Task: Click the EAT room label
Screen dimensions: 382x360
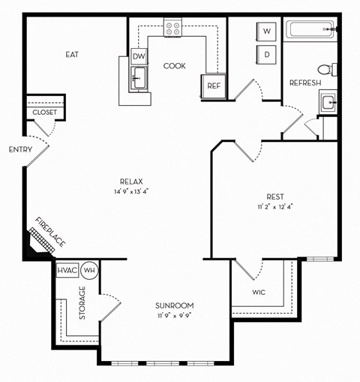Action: (72, 55)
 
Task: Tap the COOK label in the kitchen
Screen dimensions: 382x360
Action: (175, 66)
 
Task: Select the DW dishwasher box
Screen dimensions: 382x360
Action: (139, 56)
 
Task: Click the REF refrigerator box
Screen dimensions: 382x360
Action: (213, 86)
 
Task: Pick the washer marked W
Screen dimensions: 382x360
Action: (266, 32)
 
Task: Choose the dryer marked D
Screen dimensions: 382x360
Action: (266, 54)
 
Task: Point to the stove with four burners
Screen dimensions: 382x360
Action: (174, 29)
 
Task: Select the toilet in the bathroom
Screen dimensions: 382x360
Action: (331, 70)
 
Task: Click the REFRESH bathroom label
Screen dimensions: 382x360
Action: (305, 83)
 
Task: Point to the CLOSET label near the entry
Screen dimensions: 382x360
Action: (44, 113)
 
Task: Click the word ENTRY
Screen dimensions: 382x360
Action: (20, 149)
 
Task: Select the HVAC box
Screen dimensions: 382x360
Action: (67, 270)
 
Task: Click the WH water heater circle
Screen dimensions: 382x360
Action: (89, 270)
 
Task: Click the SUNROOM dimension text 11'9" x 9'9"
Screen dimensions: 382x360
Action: (175, 317)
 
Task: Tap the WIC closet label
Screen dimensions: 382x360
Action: (259, 292)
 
